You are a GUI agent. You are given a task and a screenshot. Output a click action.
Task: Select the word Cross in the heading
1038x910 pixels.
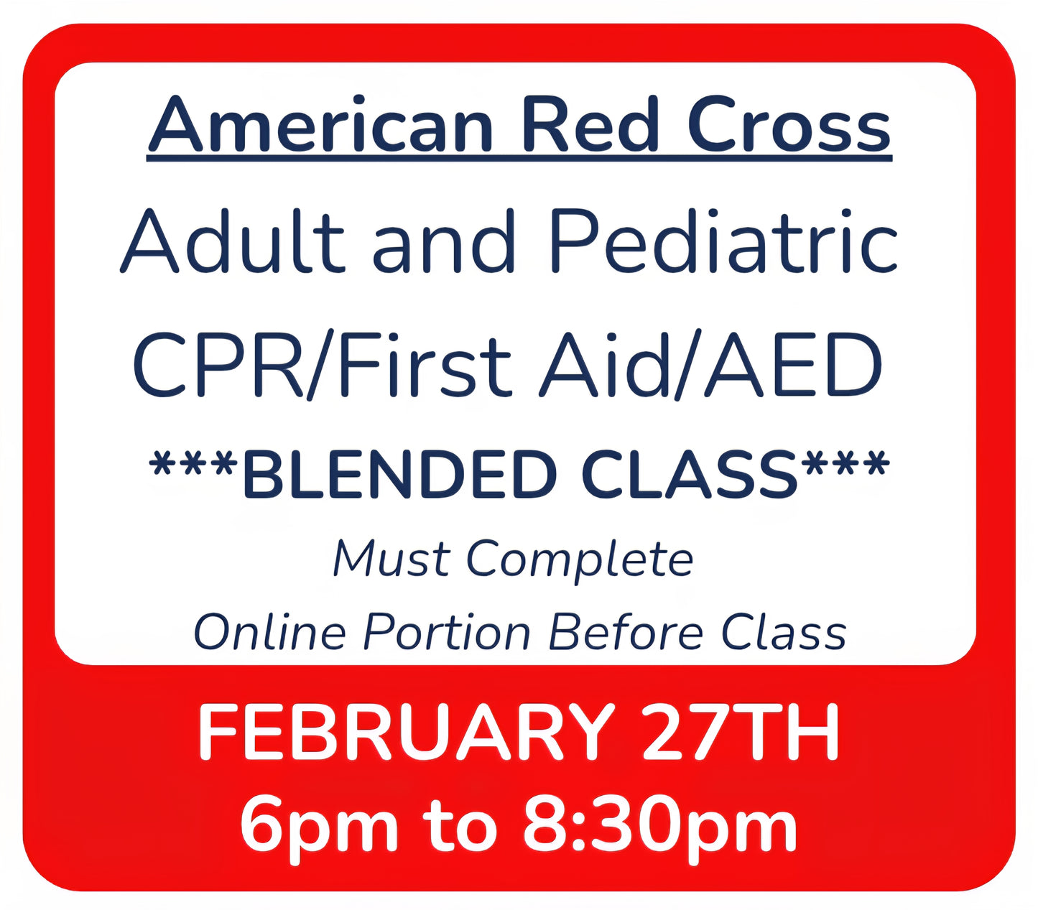tap(788, 125)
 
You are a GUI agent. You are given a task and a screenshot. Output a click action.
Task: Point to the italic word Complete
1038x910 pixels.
tap(579, 560)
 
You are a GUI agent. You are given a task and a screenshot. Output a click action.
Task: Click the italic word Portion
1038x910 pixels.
tap(446, 633)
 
